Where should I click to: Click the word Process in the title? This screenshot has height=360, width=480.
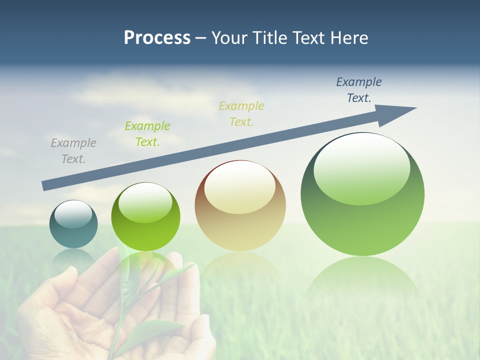(x=157, y=38)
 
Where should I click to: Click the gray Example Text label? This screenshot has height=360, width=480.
(x=73, y=150)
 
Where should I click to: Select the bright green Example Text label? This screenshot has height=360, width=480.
(x=147, y=133)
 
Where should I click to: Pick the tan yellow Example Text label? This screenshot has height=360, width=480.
(x=241, y=113)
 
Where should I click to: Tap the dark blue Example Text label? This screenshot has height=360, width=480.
(x=358, y=89)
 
